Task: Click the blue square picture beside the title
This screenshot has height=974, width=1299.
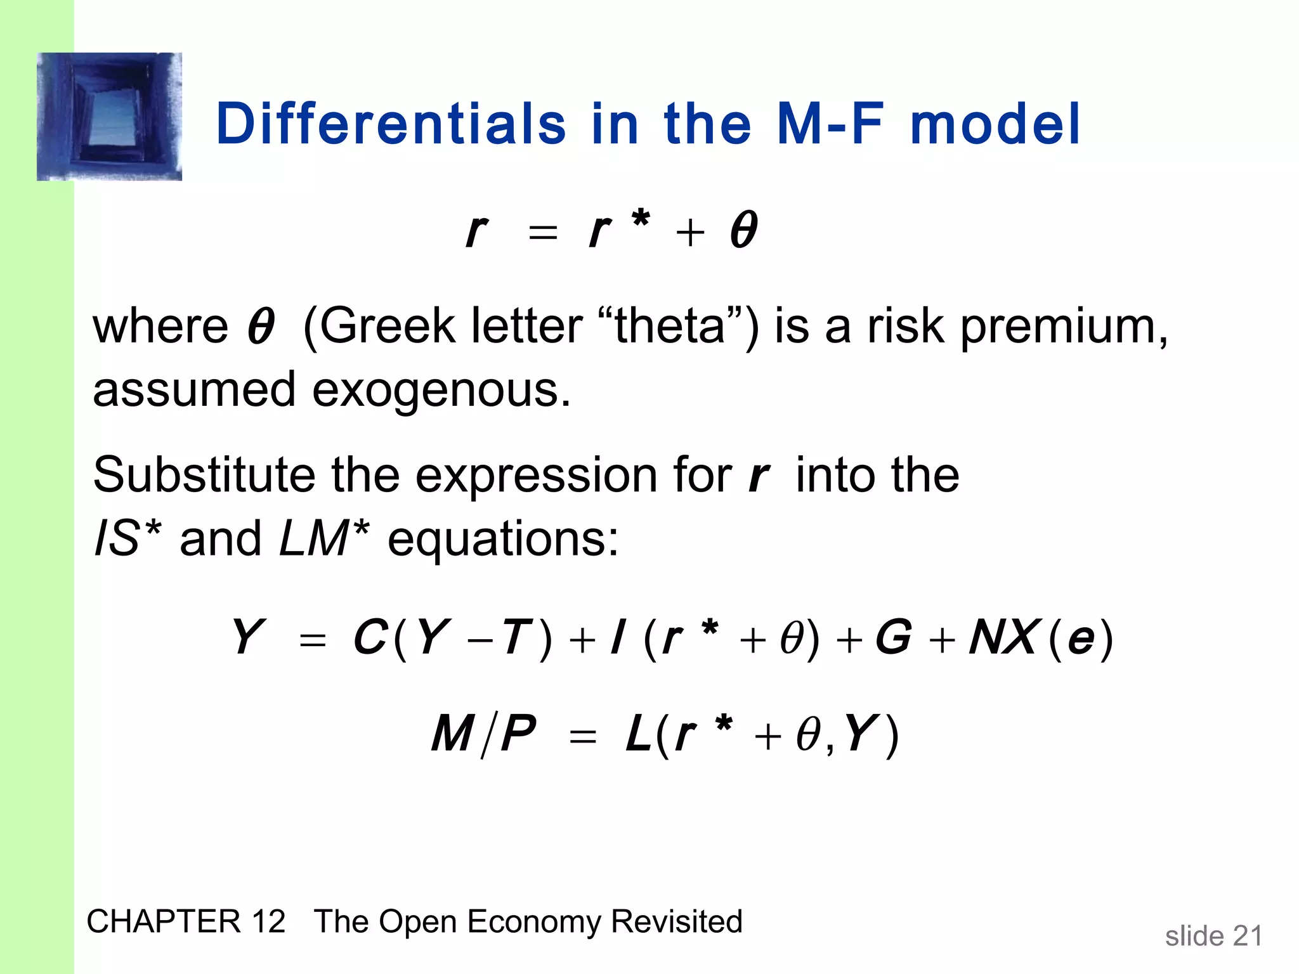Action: point(109,117)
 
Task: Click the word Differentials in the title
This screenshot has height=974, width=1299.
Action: point(391,124)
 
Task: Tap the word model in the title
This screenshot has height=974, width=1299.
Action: point(995,124)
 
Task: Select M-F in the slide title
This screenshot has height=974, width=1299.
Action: point(829,124)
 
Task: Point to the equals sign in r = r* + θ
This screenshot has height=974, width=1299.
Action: point(543,233)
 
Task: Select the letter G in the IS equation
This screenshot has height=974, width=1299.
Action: point(893,637)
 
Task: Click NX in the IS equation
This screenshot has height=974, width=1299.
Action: point(1004,637)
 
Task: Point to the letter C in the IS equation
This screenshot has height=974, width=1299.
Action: point(370,637)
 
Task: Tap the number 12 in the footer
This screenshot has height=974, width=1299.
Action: point(268,921)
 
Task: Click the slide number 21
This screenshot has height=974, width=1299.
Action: point(1247,936)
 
